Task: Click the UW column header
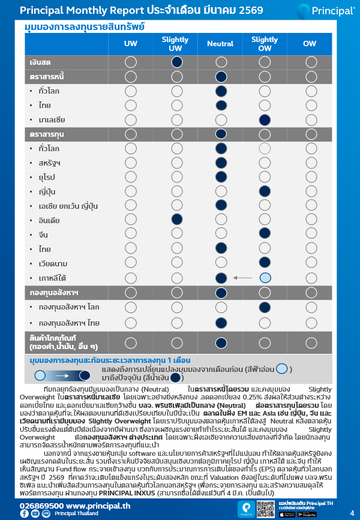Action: coord(130,44)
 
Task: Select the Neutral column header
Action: coord(220,44)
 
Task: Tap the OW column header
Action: coord(310,44)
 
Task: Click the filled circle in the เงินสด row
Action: coord(176,62)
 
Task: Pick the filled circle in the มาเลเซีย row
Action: coord(265,119)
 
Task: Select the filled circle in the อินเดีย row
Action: coord(176,220)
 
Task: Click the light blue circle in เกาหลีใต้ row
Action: coord(265,278)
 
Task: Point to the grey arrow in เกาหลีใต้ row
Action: coord(243,278)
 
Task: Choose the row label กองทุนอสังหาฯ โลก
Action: coord(69,307)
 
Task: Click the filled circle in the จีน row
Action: coord(265,235)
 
